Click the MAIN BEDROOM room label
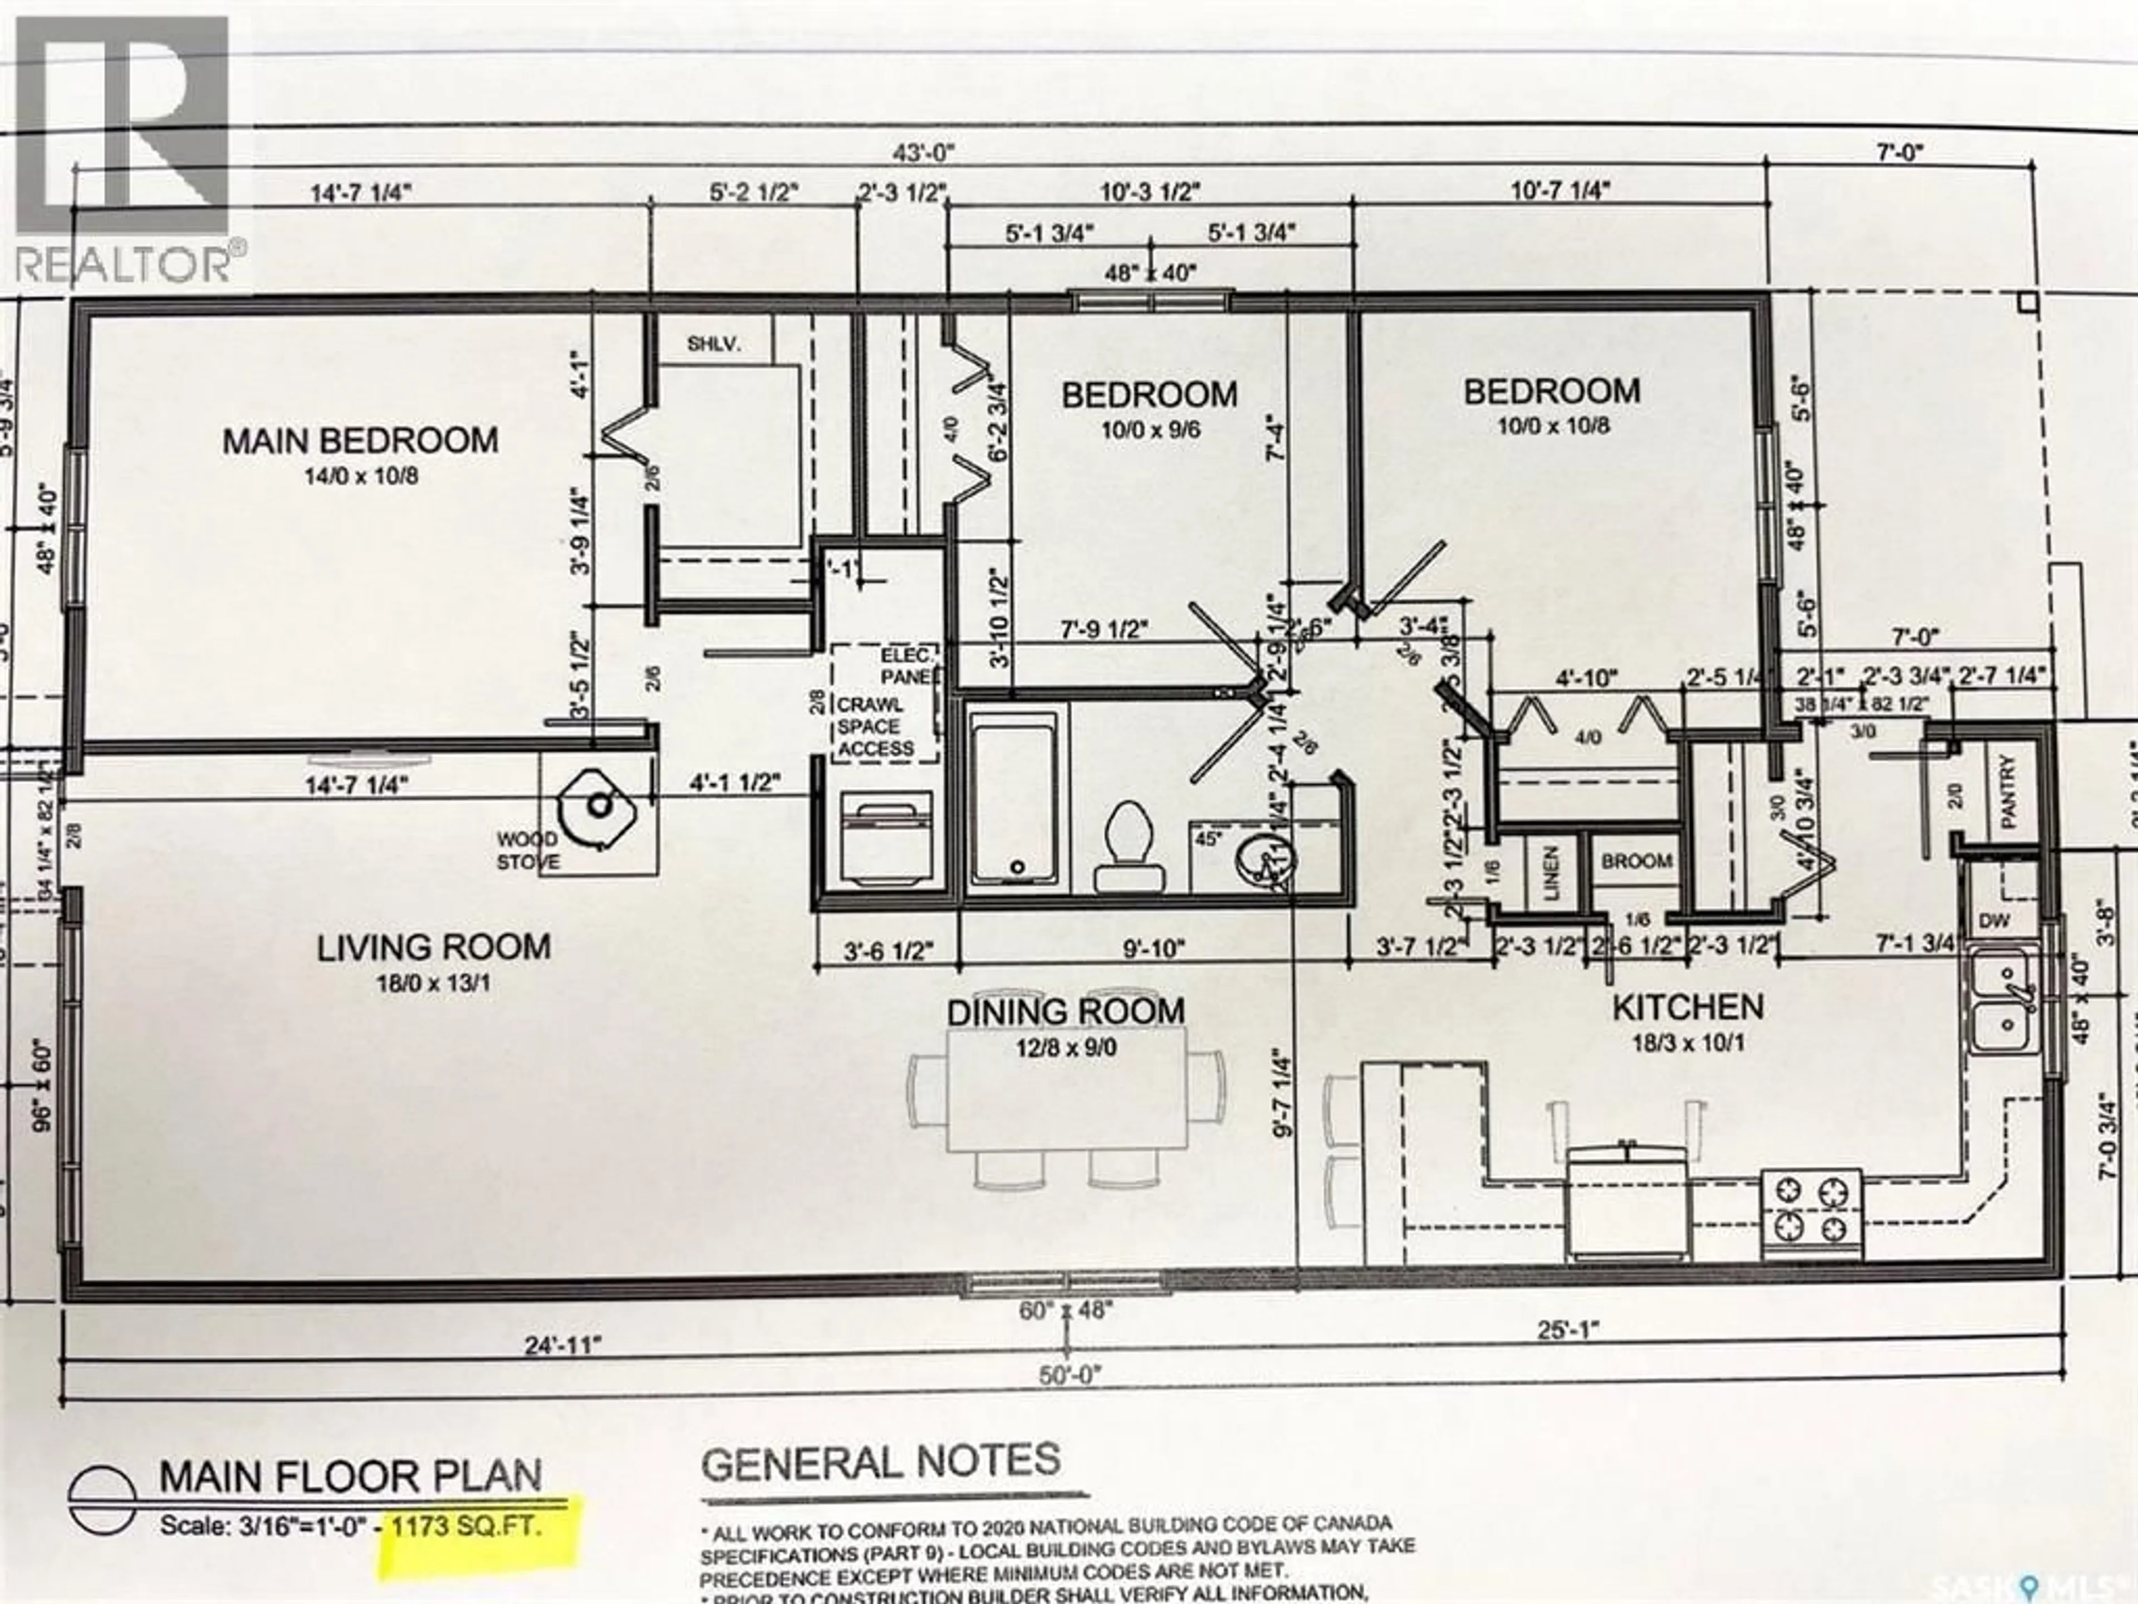(361, 441)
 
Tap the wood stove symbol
(599, 804)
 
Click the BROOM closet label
(1636, 860)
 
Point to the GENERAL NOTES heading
(880, 1462)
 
